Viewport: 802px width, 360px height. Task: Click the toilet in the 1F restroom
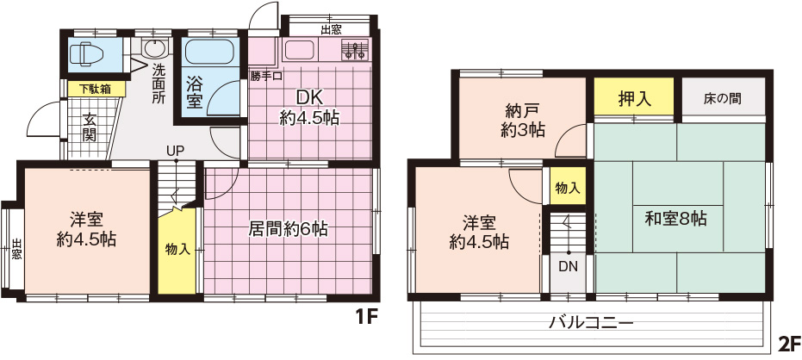click(86, 53)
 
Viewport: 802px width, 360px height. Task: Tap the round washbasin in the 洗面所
click(154, 48)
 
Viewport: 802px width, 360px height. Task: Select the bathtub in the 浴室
click(209, 53)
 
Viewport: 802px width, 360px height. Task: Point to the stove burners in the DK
click(354, 50)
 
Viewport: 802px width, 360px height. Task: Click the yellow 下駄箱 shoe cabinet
click(96, 89)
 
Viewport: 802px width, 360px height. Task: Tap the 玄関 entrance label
click(89, 128)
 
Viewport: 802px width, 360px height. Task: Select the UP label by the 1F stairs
click(176, 151)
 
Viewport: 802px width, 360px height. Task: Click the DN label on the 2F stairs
click(569, 266)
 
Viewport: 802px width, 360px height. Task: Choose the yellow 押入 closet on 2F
click(634, 96)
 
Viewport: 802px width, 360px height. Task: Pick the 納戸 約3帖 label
click(521, 121)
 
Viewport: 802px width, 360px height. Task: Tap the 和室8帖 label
click(675, 219)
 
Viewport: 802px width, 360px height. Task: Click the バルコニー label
click(591, 323)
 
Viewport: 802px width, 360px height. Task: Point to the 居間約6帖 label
click(288, 228)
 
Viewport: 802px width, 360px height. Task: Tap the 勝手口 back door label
click(267, 77)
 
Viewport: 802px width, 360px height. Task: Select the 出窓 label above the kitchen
click(331, 29)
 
